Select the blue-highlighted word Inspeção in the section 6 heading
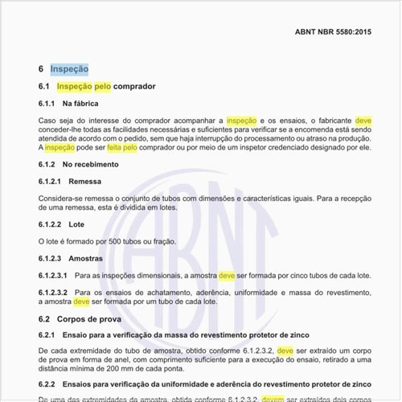[69, 70]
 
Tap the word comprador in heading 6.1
[134, 86]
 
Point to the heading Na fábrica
[80, 104]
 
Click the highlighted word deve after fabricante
[363, 121]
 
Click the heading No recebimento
[90, 165]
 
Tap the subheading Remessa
[86, 182]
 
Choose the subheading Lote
[77, 224]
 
